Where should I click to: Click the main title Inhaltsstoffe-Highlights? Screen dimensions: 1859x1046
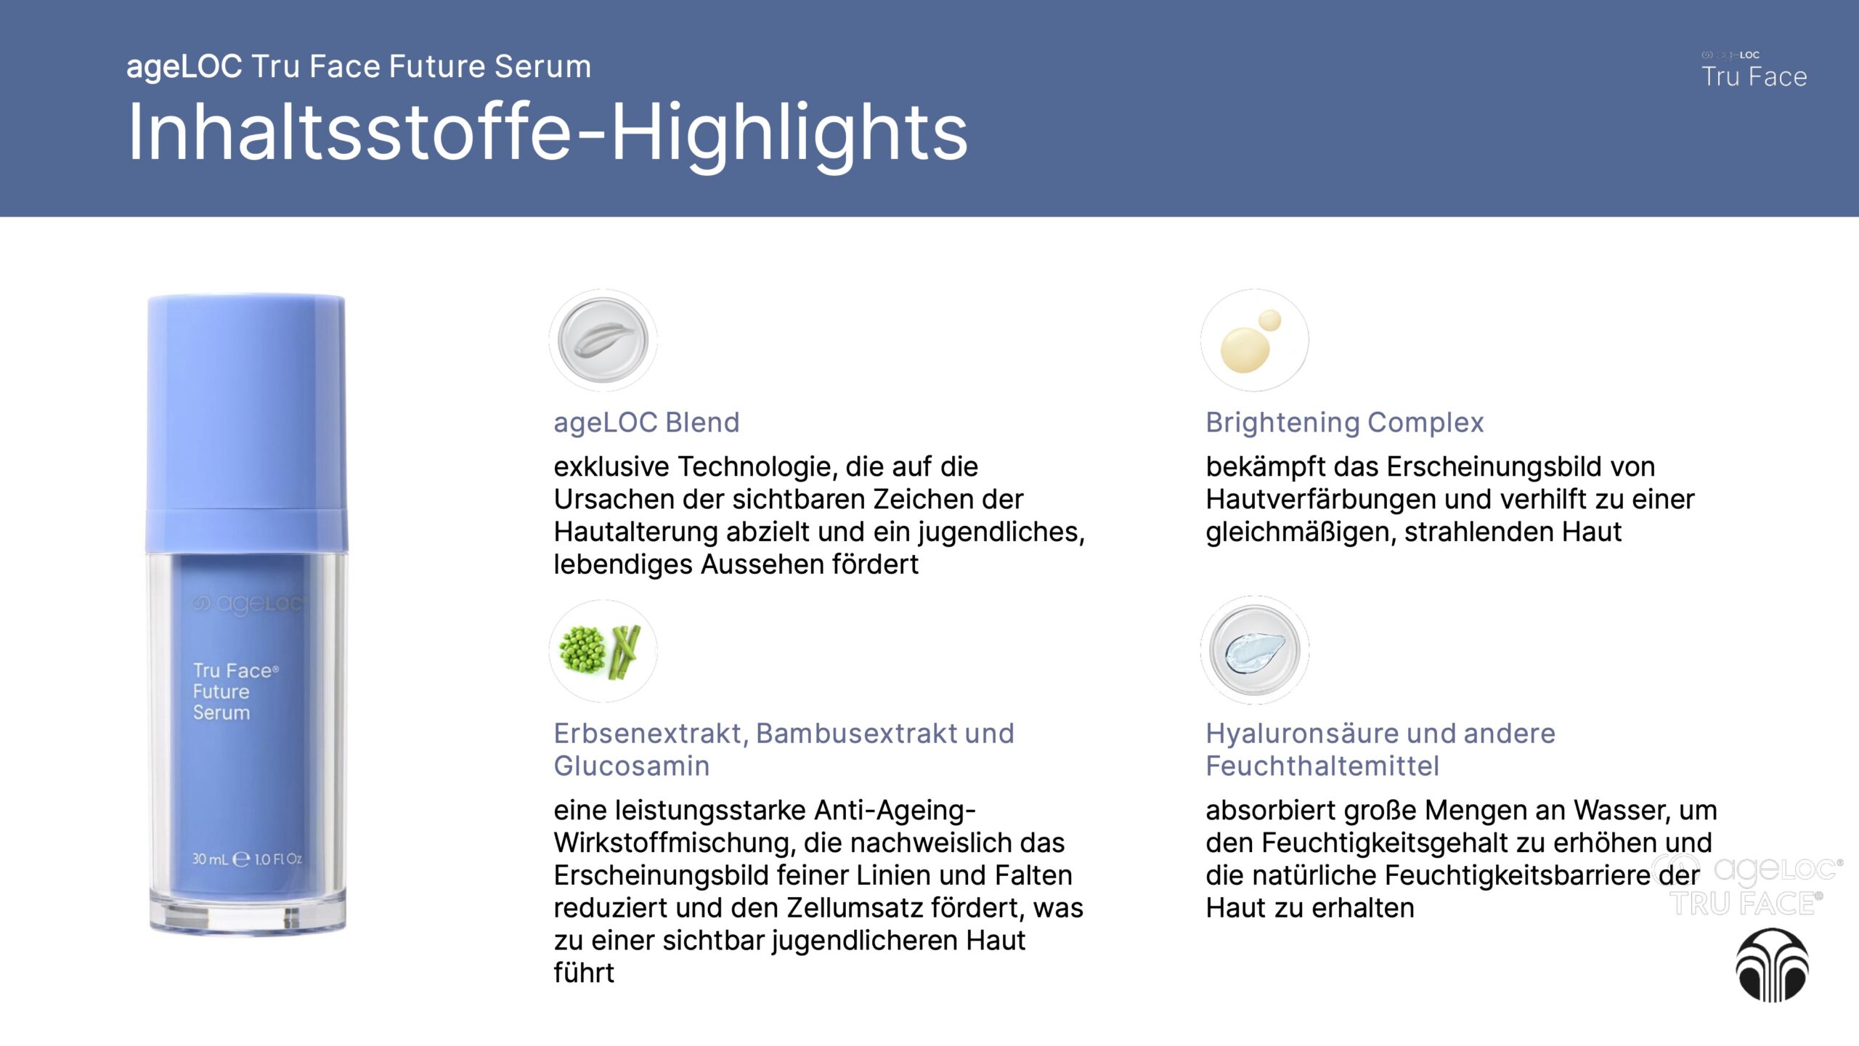[x=548, y=132]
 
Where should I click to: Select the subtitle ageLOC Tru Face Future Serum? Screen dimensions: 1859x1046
[x=359, y=66]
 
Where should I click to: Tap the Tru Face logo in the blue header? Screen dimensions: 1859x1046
[x=1754, y=70]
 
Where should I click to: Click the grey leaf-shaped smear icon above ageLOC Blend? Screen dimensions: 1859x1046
[x=603, y=340]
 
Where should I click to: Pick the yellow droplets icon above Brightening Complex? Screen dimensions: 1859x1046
[x=1254, y=340]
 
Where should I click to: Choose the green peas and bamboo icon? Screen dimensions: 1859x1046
[x=603, y=650]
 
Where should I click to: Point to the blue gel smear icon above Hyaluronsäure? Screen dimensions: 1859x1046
[x=1254, y=650]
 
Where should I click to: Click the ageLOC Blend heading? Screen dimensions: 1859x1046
[x=646, y=422]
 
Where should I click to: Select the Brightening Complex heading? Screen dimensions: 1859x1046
[x=1344, y=422]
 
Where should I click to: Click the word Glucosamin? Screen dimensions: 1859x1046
[x=631, y=766]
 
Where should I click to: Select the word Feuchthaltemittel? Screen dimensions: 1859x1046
[x=1322, y=766]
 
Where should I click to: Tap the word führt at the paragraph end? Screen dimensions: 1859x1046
[x=584, y=972]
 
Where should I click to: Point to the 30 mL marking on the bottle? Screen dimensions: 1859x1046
[x=210, y=859]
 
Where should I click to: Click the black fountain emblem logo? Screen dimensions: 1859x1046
[x=1772, y=965]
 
